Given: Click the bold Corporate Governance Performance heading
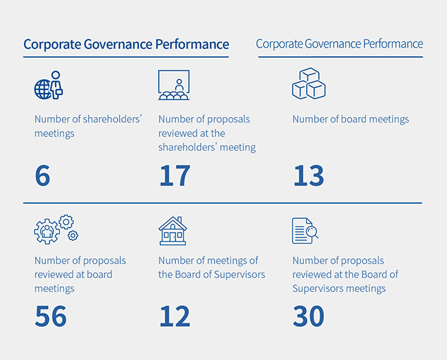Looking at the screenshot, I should (x=126, y=44).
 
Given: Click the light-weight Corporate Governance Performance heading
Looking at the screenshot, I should (x=340, y=43).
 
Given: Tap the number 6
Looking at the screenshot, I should (x=43, y=176).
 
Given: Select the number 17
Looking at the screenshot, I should (x=174, y=176).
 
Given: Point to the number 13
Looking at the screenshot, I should (x=308, y=176).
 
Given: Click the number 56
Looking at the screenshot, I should (x=51, y=317).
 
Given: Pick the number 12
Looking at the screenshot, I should (x=175, y=317).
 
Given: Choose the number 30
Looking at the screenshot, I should (x=308, y=317).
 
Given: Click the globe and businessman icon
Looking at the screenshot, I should (x=48, y=86).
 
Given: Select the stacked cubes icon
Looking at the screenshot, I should (x=308, y=84).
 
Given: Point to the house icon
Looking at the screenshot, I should (x=173, y=231).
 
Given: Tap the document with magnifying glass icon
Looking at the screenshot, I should (x=305, y=231).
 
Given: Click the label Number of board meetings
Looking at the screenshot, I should (x=351, y=119).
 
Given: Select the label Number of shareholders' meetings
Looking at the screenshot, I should (x=88, y=126).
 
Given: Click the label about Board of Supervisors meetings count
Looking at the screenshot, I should (x=211, y=268).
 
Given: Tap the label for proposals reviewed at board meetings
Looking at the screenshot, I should (x=80, y=274).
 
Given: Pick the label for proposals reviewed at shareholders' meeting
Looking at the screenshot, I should (x=206, y=133).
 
